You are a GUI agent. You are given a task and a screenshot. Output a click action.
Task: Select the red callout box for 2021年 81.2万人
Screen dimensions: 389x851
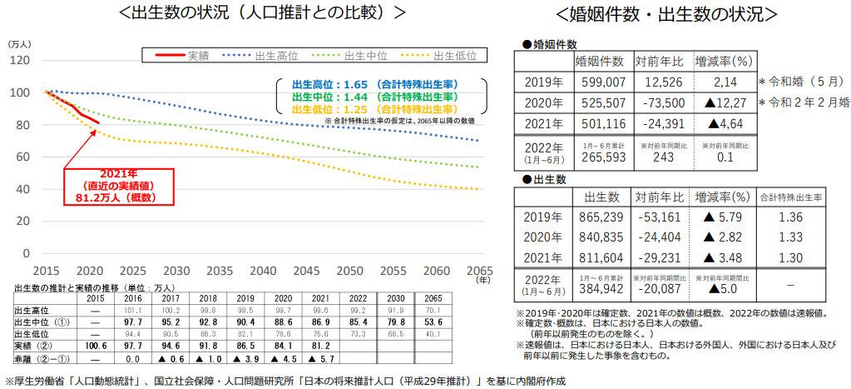tap(118, 187)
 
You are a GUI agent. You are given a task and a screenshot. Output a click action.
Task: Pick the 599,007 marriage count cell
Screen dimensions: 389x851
tap(600, 82)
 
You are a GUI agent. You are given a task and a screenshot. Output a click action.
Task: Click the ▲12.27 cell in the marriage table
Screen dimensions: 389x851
tap(723, 103)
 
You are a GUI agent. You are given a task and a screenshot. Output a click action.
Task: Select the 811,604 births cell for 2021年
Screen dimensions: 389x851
tap(600, 257)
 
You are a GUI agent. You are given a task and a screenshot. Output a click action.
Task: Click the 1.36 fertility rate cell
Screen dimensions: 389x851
tap(790, 217)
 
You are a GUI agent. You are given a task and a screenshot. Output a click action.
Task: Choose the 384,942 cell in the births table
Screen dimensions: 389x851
tap(600, 288)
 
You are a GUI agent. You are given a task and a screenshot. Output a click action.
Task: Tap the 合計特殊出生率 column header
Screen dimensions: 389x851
tap(790, 197)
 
